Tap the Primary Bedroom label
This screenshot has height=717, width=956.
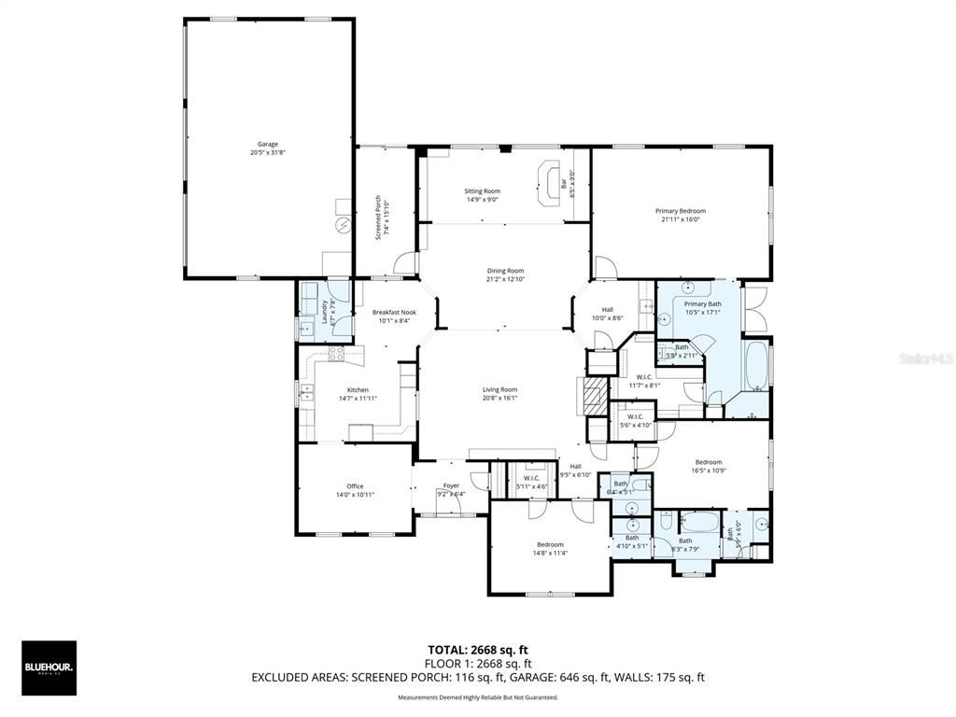pos(680,215)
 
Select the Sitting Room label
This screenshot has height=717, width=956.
pos(483,194)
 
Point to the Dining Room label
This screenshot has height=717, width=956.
pos(505,274)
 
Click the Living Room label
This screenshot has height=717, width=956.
pos(499,393)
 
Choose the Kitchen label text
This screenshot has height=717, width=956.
pos(358,393)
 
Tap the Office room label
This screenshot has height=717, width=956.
pos(355,489)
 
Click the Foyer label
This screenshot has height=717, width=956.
pos(451,488)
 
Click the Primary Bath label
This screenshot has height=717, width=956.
pos(702,307)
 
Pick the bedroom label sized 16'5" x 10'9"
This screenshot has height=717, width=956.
pos(709,466)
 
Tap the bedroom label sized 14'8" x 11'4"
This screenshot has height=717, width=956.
pos(550,548)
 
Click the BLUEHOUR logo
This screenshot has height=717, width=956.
pos(49,668)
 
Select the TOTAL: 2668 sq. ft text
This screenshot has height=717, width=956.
pos(477,649)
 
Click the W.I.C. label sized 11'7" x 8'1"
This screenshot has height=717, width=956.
pos(644,381)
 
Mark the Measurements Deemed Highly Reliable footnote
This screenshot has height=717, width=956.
pos(477,697)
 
